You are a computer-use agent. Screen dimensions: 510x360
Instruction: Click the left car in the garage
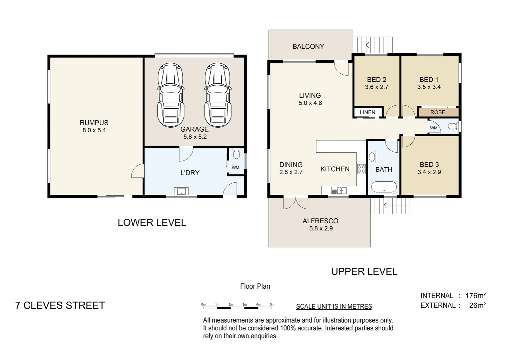[x=170, y=95]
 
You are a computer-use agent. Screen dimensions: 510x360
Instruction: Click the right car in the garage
[x=218, y=95]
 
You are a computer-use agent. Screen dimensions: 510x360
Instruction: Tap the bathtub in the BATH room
[x=384, y=187]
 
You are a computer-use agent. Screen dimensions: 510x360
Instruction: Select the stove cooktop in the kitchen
[x=361, y=169]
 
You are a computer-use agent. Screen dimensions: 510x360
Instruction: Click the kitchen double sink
[x=339, y=190]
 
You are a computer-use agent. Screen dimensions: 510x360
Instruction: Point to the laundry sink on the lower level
[x=181, y=191]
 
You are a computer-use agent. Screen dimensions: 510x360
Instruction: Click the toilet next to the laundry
[x=236, y=154]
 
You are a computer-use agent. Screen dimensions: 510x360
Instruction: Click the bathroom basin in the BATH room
[x=372, y=157]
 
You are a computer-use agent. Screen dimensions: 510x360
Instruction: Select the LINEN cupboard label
[x=368, y=112]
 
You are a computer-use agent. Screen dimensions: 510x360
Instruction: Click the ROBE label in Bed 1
[x=438, y=112]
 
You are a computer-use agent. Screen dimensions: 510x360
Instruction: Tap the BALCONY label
[x=308, y=46]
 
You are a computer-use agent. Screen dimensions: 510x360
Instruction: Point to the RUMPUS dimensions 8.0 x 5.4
[x=94, y=130]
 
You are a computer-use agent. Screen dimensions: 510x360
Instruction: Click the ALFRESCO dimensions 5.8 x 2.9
[x=321, y=228]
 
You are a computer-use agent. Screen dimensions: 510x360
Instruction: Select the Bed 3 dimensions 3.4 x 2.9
[x=429, y=172]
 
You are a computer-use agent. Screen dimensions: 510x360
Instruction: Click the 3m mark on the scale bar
[x=244, y=304]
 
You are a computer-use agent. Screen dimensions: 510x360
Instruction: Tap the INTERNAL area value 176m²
[x=476, y=296]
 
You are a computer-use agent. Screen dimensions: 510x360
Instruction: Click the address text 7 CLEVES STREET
[x=60, y=305]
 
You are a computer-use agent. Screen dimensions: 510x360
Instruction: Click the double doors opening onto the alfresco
[x=296, y=203]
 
